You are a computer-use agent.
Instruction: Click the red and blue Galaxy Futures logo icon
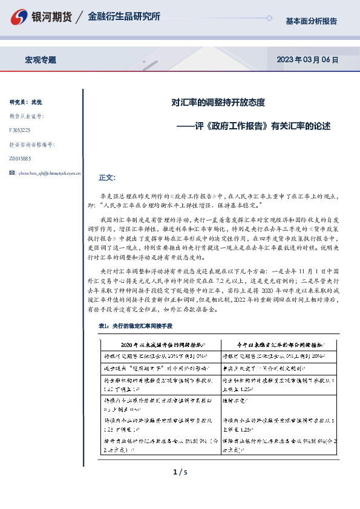pos(21,18)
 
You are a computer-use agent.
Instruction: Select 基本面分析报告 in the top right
pos(311,21)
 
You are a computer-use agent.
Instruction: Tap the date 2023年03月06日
pos(307,60)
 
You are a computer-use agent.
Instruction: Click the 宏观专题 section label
pos(41,60)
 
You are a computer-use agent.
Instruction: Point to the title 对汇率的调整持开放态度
pos(218,103)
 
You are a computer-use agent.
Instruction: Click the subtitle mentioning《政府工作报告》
pos(254,126)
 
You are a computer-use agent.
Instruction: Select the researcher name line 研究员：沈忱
pos(26,102)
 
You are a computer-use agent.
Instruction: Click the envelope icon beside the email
pos(13,173)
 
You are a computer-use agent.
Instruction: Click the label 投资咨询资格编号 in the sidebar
pos(31,144)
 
